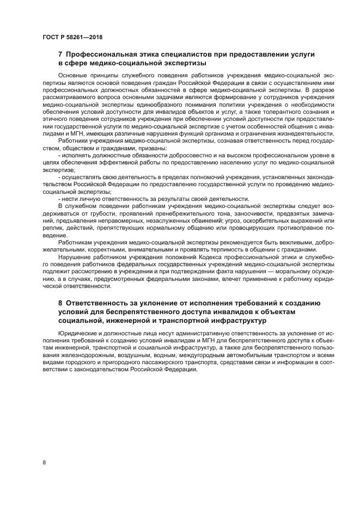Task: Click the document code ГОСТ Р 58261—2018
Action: pyautogui.click(x=72, y=37)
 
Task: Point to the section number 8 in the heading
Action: pyautogui.click(x=60, y=302)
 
